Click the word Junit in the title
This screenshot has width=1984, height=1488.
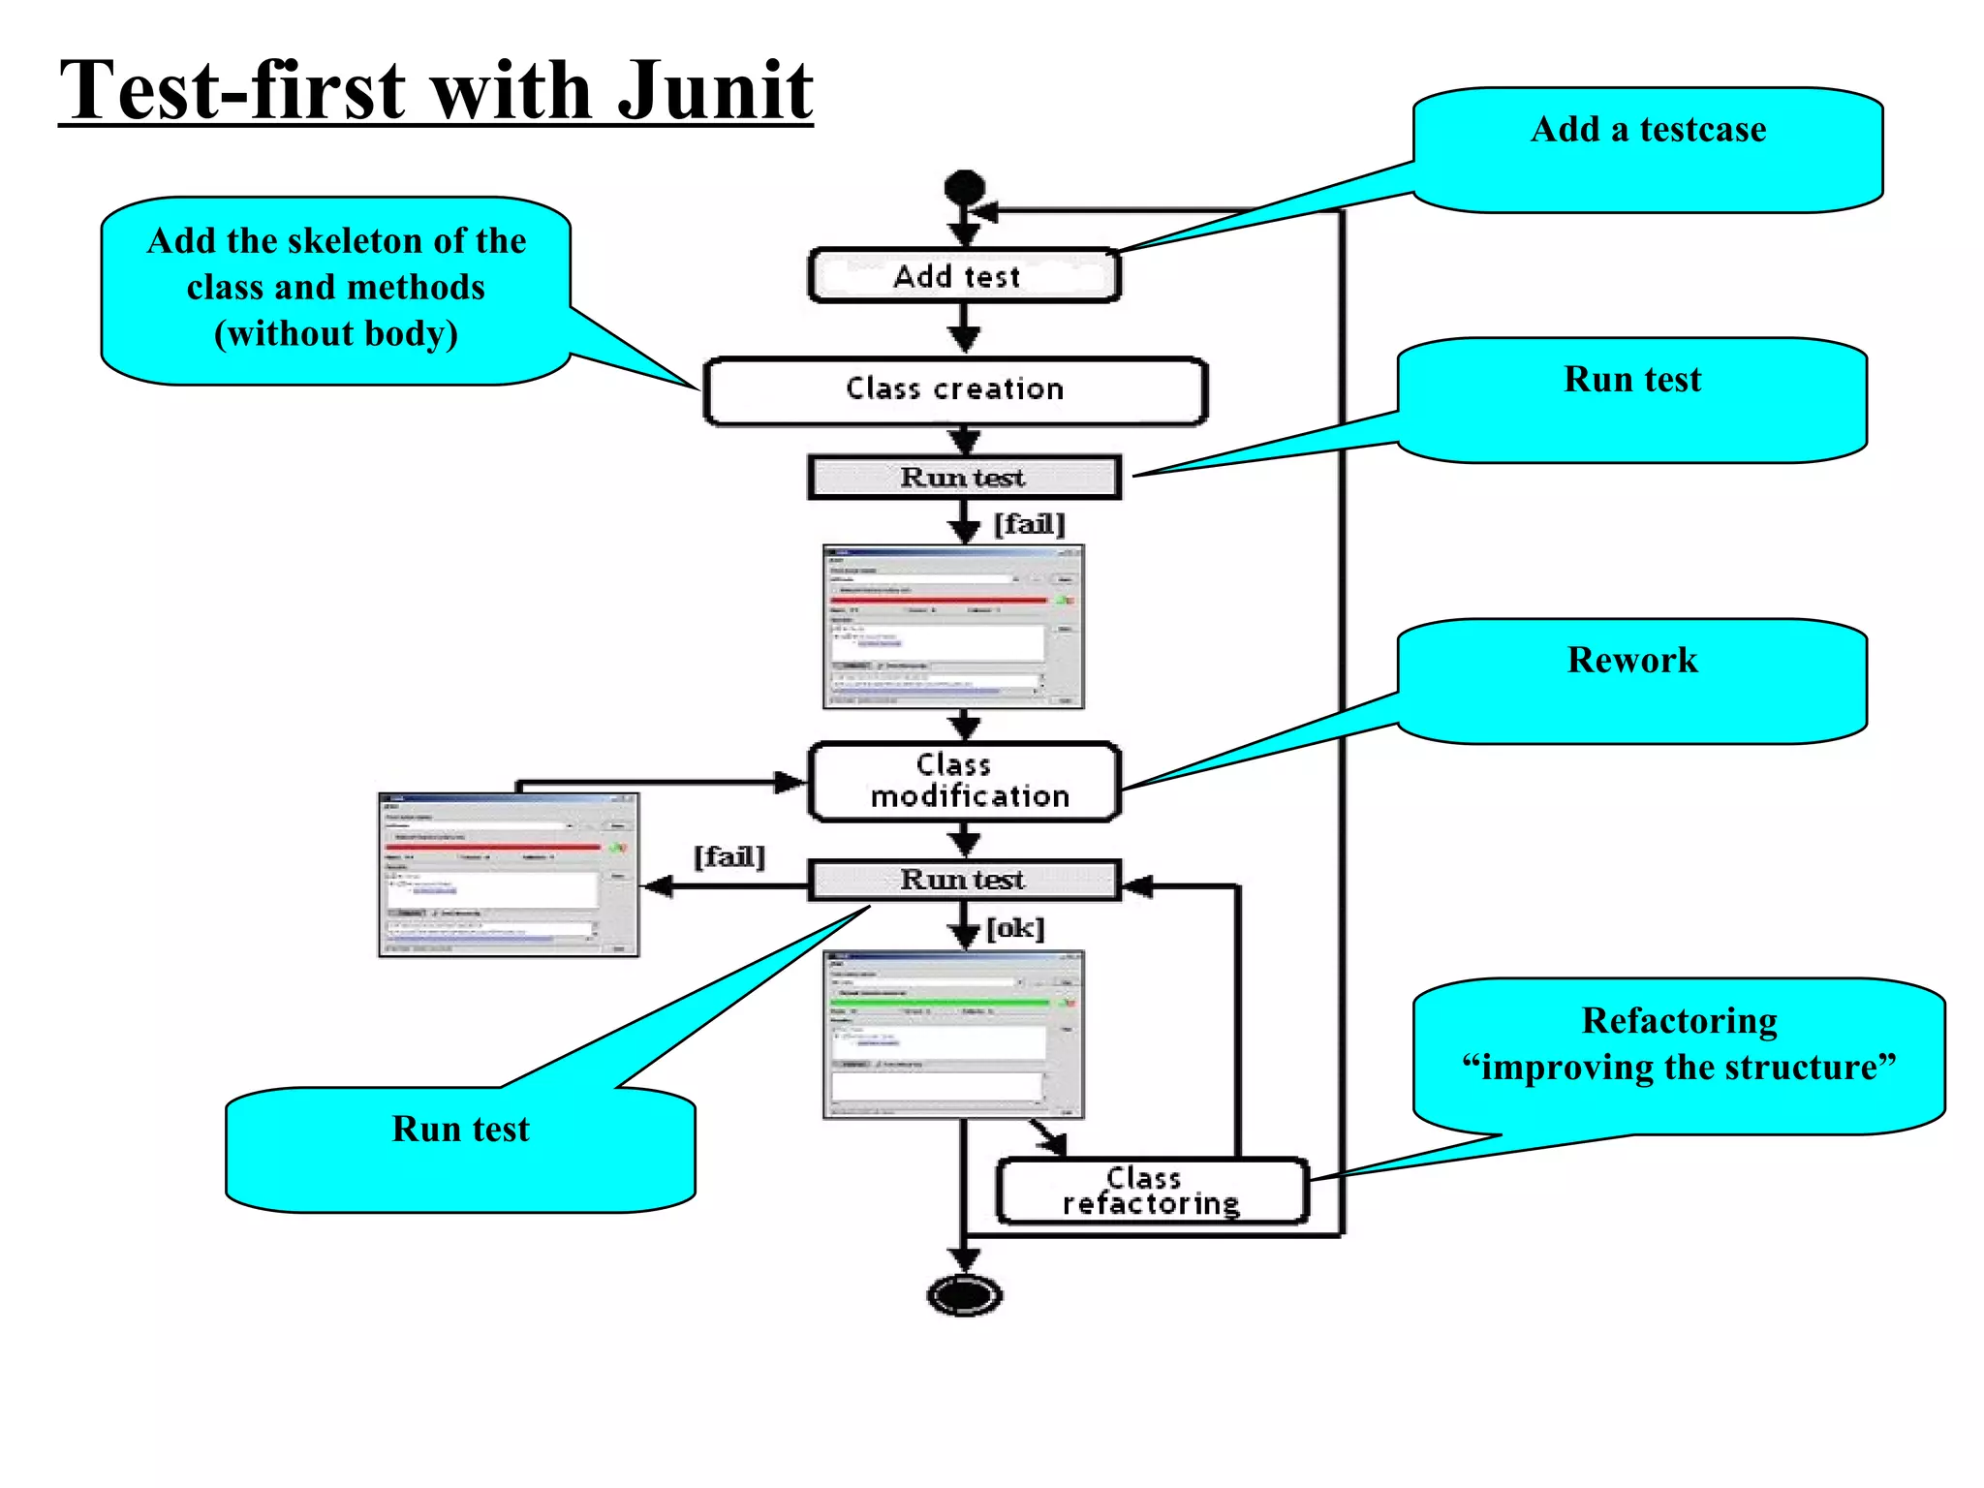tap(715, 90)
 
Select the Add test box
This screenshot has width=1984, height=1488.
tap(963, 276)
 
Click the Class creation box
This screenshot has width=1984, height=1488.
tap(955, 389)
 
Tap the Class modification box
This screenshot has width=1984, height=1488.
tap(965, 781)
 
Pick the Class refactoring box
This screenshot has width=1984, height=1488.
tap(1152, 1191)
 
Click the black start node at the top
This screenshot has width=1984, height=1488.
tap(964, 186)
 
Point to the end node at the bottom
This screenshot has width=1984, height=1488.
tap(964, 1294)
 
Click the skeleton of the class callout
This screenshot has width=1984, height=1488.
tap(335, 289)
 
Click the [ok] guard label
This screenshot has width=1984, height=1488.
tap(1015, 928)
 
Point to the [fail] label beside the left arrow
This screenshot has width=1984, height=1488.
tap(728, 856)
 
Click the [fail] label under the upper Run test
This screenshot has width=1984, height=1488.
tap(1029, 524)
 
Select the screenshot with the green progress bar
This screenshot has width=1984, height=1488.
tap(953, 1034)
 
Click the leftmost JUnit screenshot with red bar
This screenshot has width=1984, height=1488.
tap(509, 874)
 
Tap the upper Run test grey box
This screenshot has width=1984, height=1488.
tap(963, 478)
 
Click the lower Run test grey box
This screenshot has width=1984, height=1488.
tap(963, 880)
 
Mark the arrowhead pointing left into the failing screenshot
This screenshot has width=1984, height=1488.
tap(659, 885)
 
